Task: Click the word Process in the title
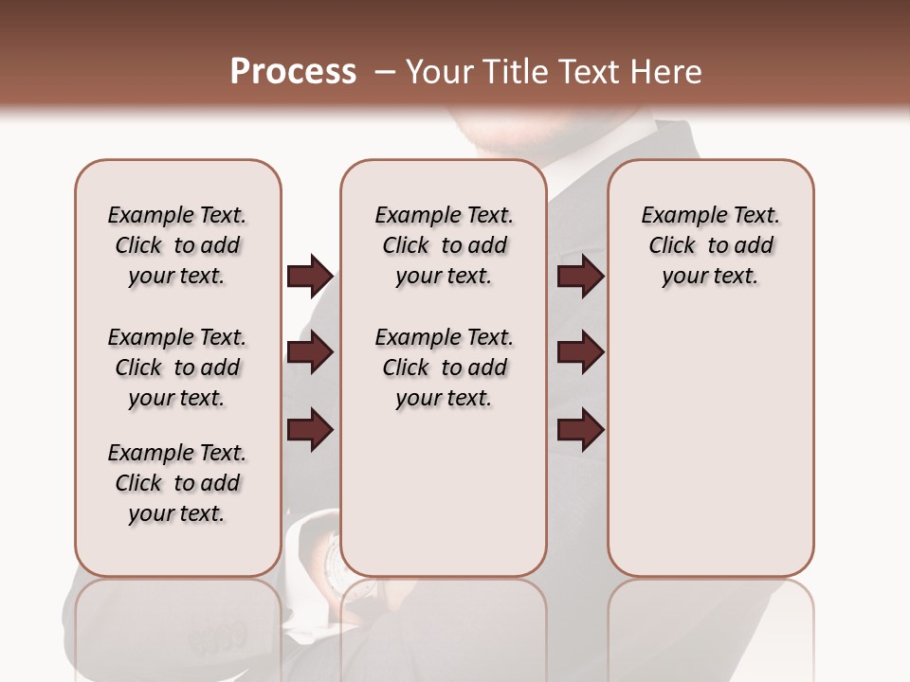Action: (293, 72)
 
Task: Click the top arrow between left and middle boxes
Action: (310, 276)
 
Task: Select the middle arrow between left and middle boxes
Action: (310, 353)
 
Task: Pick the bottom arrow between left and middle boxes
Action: (310, 430)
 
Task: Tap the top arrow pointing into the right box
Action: (580, 276)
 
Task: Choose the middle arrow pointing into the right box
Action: (580, 353)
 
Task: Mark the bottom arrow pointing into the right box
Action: (580, 430)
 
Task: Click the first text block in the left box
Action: (177, 245)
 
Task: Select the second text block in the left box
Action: (177, 368)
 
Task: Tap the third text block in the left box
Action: (177, 483)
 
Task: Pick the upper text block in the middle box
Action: (444, 245)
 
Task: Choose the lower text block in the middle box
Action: (444, 368)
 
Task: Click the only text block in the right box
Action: (710, 245)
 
